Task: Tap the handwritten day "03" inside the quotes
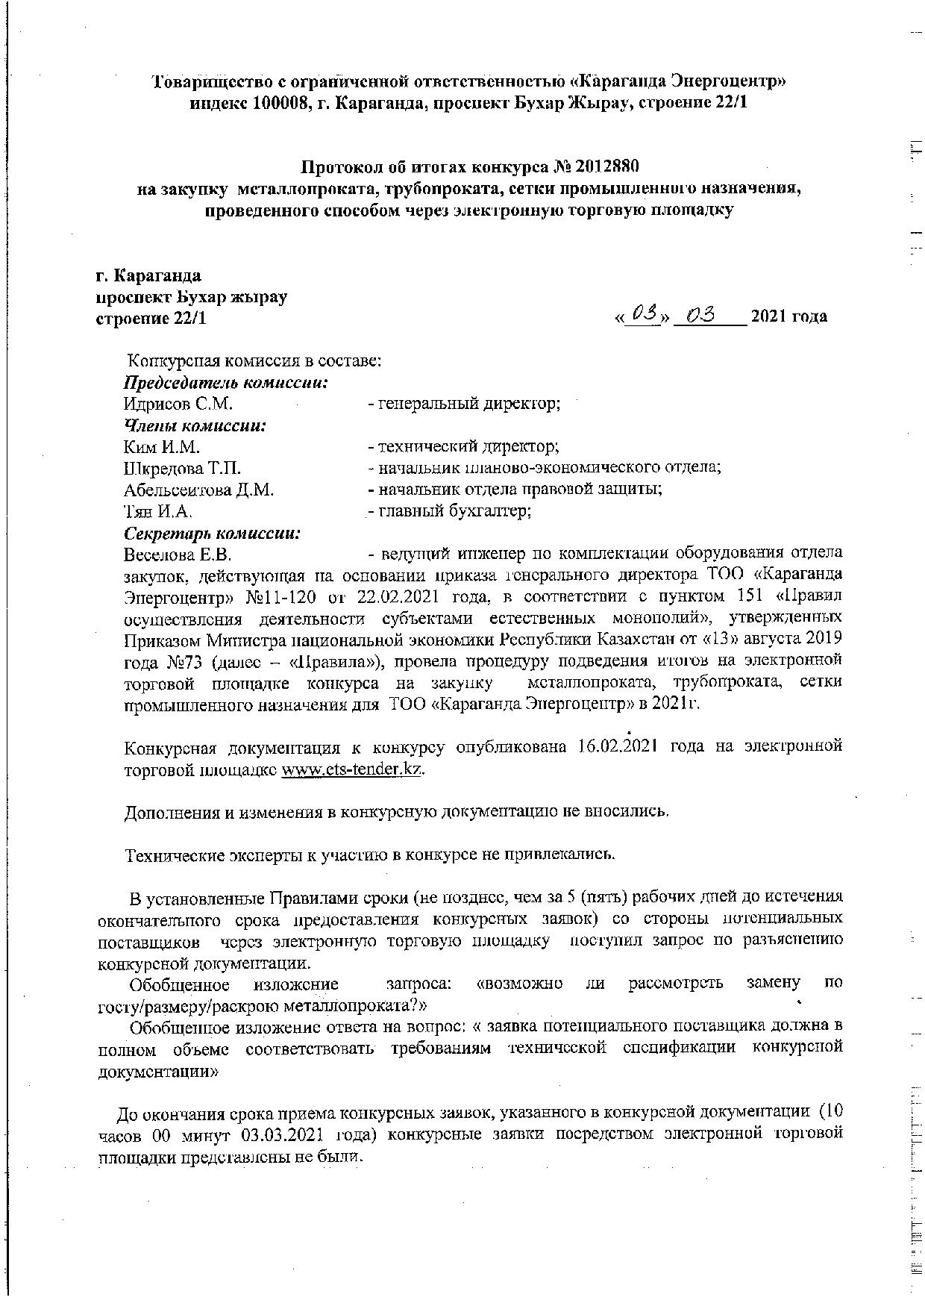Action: [644, 316]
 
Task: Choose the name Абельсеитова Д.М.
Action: [199, 490]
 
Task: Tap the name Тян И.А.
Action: [158, 511]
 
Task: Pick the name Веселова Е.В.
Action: [178, 555]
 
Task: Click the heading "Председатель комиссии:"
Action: [226, 384]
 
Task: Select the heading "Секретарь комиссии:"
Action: [212, 534]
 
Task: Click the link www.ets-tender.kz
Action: [351, 769]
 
